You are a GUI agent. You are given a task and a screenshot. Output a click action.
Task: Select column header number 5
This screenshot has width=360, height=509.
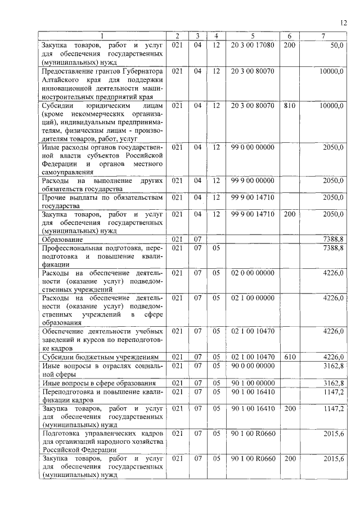tap(253, 37)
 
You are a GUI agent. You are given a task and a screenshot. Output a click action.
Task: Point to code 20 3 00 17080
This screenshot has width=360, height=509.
tap(253, 44)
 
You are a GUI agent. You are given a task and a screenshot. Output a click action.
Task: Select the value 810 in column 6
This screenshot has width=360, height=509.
tap(289, 106)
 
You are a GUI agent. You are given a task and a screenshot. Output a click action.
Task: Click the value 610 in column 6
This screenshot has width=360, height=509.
tap(289, 357)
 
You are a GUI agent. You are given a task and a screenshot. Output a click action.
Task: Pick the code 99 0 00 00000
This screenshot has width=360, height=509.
tap(253, 147)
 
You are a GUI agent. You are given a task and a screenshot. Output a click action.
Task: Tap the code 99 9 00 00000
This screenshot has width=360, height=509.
tap(253, 181)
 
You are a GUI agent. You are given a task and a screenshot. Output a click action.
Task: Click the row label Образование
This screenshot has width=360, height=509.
tap(62, 240)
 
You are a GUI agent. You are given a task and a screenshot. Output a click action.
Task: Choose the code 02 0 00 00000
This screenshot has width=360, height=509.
tap(253, 273)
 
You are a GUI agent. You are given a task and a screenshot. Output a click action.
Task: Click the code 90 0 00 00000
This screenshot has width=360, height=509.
tap(253, 366)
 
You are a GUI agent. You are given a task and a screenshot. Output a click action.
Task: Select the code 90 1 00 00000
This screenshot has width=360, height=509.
tap(253, 383)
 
